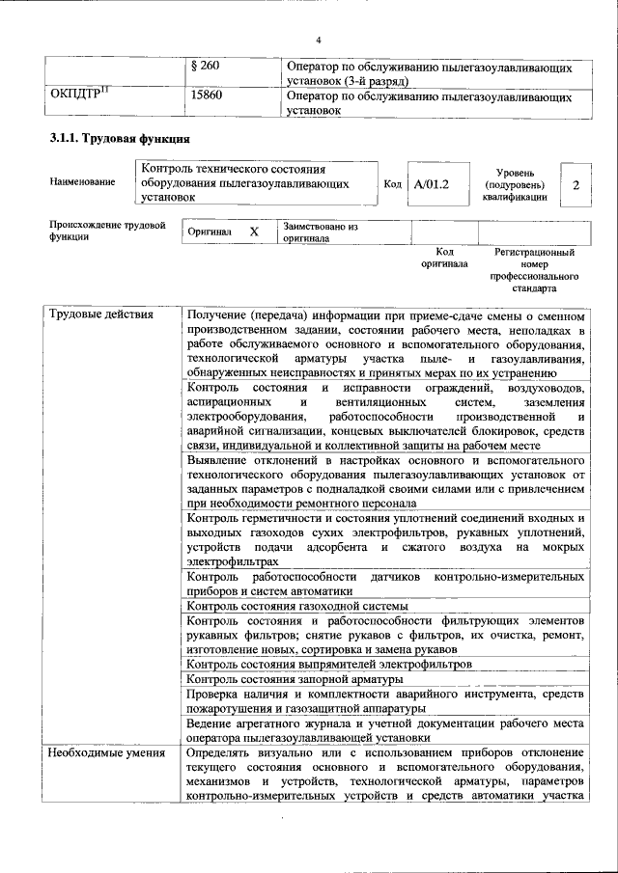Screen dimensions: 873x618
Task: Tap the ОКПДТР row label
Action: tap(79, 96)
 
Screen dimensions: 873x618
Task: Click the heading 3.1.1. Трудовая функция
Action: tap(113, 140)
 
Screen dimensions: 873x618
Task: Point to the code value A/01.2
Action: tap(432, 183)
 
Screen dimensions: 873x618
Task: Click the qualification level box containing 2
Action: tap(576, 184)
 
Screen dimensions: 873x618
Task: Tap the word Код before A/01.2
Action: tap(392, 183)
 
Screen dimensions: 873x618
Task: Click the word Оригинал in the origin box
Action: tap(210, 233)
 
